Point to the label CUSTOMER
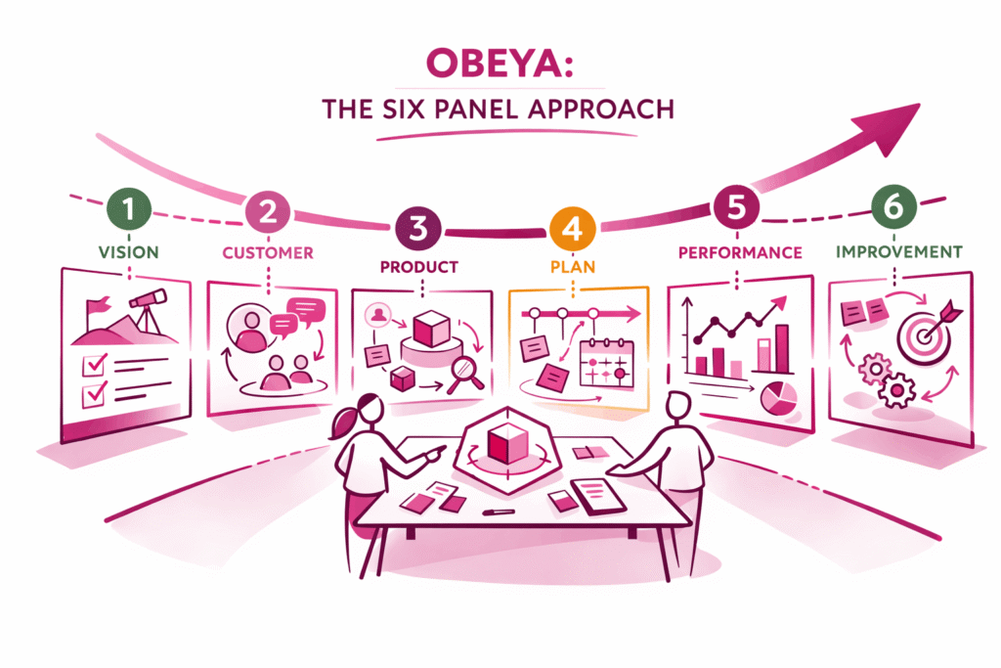267,252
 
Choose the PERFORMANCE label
740,252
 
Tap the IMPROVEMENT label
899,251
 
